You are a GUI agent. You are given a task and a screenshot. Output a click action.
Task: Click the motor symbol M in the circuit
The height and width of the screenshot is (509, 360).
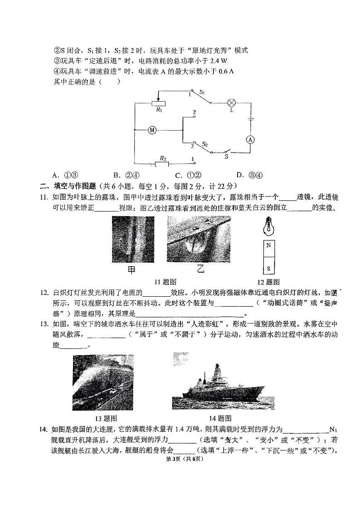152,130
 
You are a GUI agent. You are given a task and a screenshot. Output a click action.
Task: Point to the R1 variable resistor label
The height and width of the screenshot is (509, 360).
159,110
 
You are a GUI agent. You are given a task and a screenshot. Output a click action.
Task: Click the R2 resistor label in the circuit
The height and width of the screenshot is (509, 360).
162,158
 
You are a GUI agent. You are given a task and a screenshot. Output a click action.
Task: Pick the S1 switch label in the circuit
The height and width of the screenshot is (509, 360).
203,93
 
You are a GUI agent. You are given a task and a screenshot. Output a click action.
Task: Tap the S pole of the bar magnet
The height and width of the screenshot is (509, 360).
269,268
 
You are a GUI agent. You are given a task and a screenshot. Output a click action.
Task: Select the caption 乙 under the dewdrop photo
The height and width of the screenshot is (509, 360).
199,269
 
